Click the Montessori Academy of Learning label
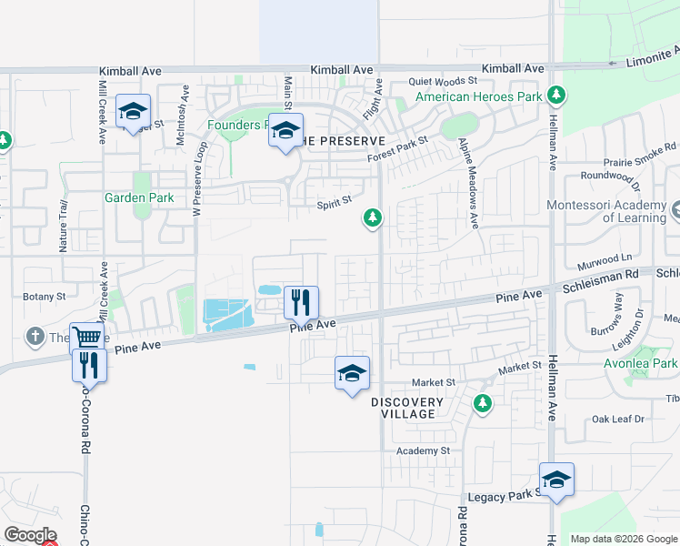coord(606,211)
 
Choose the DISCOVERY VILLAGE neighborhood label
coord(407,408)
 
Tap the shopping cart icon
coord(86,338)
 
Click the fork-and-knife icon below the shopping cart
coord(90,364)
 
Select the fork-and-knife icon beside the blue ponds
coord(302,300)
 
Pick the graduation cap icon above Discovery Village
coord(353,372)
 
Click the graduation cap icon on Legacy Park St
coord(556,479)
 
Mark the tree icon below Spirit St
coord(372,217)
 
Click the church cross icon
coord(35,337)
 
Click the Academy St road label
coord(423,450)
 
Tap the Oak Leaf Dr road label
coord(617,419)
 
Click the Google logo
coord(31,534)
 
